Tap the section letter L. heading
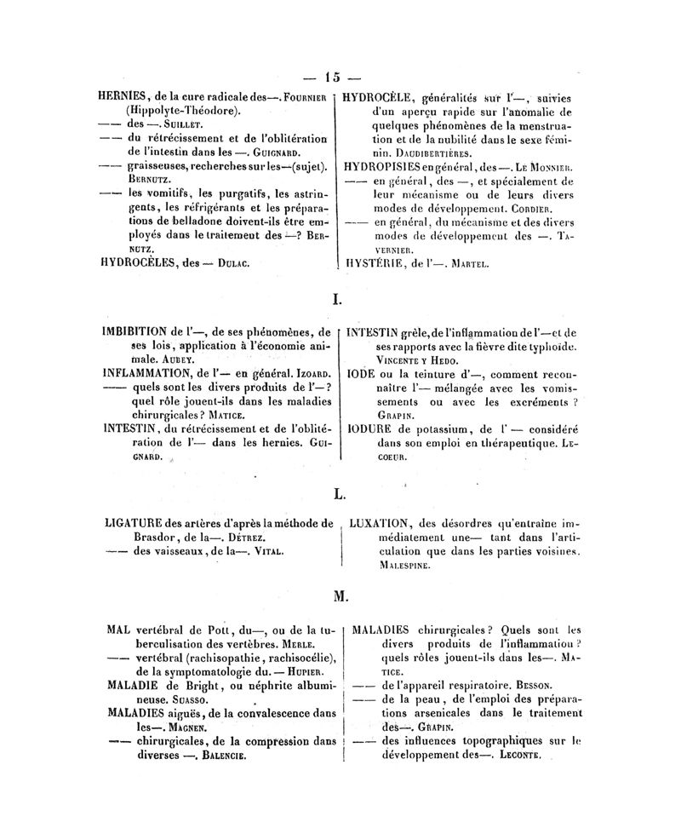point(337,492)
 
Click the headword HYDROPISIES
point(388,166)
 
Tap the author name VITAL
point(264,552)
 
